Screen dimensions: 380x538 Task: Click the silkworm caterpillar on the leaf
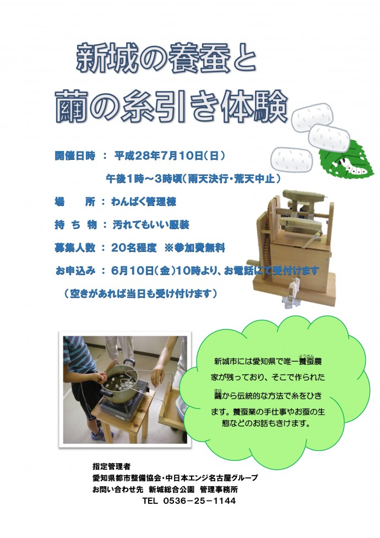coord(354,165)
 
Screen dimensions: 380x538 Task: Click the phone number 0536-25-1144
coord(199,501)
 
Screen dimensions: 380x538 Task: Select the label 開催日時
coord(75,156)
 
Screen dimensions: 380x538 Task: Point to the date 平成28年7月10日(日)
coord(170,156)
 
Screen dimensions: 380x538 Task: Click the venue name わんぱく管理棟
coord(144,201)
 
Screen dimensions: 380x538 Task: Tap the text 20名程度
coord(134,248)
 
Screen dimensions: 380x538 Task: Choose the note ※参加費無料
coord(194,248)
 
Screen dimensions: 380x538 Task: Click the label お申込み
coord(75,270)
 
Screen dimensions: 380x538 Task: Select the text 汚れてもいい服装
coord(151,225)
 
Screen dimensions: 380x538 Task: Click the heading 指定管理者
coord(111,466)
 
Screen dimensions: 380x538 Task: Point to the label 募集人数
coord(75,248)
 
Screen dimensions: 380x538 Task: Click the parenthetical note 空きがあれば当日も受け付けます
coord(140,293)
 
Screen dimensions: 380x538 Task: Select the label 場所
coord(75,201)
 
